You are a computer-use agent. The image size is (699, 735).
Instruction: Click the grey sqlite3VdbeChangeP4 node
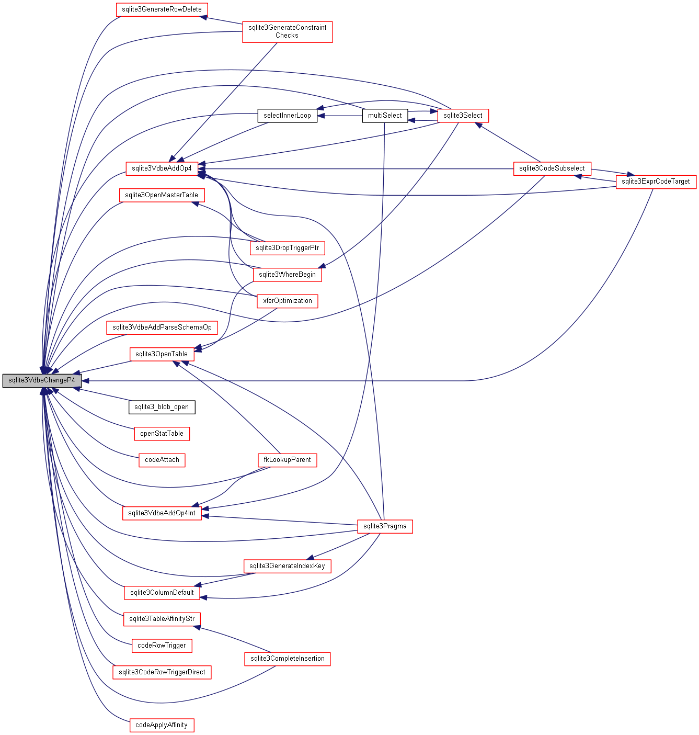click(x=42, y=380)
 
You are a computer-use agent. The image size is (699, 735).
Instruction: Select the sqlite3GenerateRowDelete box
click(x=162, y=9)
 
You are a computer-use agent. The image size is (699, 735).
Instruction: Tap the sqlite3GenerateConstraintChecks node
click(x=287, y=31)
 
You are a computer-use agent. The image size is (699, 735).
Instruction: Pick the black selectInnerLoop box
click(x=287, y=116)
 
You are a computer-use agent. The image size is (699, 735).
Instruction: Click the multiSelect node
click(x=385, y=116)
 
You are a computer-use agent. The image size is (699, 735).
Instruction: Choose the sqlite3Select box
click(x=463, y=116)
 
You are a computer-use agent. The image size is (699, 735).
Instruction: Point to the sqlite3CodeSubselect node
click(x=552, y=168)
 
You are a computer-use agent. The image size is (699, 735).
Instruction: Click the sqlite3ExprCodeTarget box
click(x=656, y=182)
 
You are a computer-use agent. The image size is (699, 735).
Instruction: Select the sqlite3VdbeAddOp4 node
click(x=162, y=168)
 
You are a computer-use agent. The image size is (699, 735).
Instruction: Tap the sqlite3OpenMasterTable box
click(x=162, y=195)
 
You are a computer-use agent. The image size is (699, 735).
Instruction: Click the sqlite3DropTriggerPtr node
click(x=287, y=248)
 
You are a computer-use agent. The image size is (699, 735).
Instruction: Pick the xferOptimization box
click(x=287, y=301)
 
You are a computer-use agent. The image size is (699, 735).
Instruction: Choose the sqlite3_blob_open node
click(x=162, y=407)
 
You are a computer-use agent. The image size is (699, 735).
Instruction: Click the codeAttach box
click(x=162, y=460)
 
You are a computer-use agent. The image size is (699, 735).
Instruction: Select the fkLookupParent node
click(x=287, y=460)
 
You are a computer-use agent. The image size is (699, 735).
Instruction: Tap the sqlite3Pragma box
click(x=385, y=526)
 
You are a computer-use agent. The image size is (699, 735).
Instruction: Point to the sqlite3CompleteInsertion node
click(x=287, y=659)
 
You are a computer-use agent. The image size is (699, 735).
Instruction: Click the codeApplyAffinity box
click(x=162, y=725)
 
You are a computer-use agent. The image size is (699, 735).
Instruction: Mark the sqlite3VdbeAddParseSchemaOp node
click(x=162, y=327)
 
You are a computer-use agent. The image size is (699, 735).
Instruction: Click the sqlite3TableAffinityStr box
click(x=162, y=619)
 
